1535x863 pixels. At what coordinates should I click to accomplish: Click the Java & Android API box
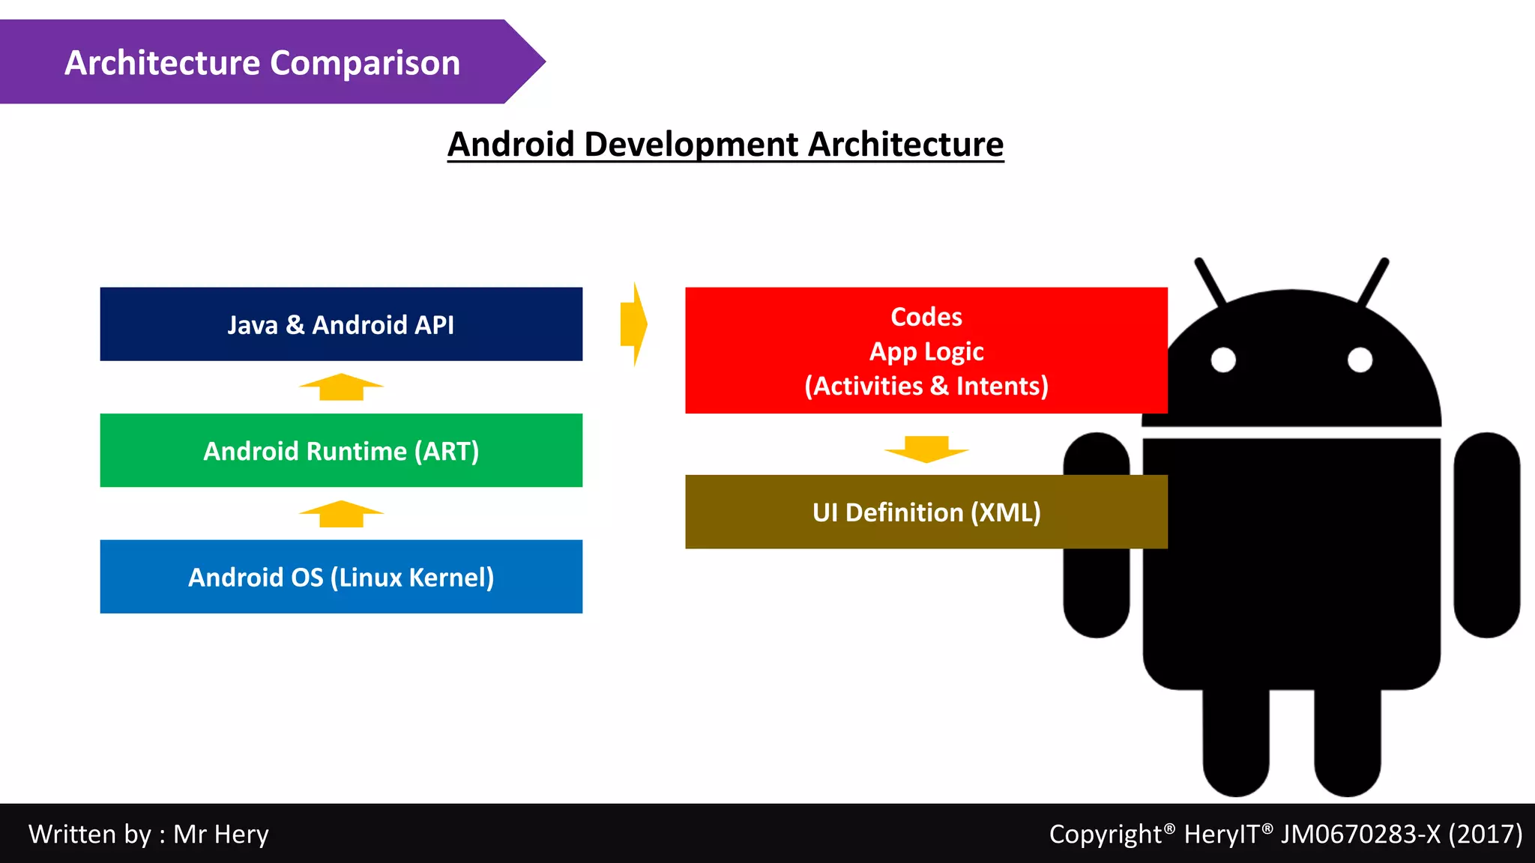point(341,324)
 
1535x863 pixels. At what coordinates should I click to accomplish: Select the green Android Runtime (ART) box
point(341,450)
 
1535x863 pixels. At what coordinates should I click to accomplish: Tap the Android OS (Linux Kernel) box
point(341,576)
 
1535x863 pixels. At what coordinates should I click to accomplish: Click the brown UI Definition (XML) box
point(926,512)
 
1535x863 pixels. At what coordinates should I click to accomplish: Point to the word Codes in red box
point(926,317)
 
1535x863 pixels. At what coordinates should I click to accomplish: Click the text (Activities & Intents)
point(926,386)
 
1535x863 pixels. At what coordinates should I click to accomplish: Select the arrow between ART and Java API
point(341,387)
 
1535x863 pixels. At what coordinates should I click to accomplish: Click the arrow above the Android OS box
point(341,514)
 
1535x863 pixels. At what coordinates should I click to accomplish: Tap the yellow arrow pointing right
point(634,324)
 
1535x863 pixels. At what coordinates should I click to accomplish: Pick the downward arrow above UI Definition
point(926,449)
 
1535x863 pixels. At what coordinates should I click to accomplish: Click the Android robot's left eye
point(1223,360)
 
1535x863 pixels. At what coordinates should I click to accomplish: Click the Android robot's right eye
point(1360,360)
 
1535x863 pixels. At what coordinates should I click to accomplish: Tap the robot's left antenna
point(1210,281)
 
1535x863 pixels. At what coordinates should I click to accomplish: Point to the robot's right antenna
point(1374,281)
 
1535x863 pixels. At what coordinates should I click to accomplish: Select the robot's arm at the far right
point(1486,535)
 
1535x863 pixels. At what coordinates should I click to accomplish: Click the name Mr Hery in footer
point(221,834)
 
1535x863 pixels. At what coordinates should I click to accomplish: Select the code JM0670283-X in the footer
point(1360,834)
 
